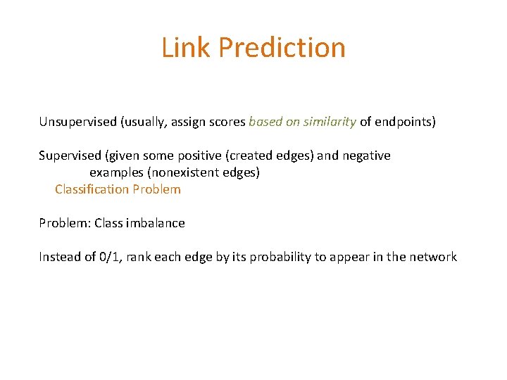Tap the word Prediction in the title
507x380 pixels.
(282, 48)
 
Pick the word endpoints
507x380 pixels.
(405, 122)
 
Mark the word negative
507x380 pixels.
(366, 156)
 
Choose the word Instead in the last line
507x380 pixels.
(59, 257)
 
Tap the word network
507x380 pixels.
(433, 257)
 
